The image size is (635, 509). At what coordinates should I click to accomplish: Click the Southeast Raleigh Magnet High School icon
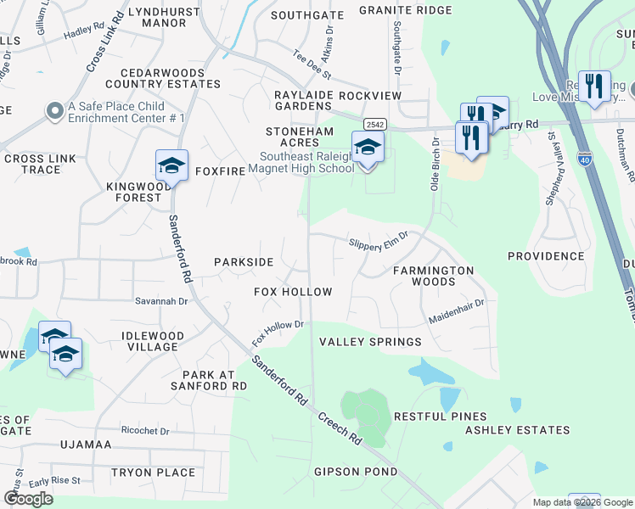click(368, 148)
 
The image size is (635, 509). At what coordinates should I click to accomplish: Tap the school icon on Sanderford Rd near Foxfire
click(171, 166)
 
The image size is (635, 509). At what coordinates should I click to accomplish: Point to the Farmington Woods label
click(433, 276)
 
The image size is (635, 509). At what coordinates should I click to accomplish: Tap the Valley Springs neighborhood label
click(369, 342)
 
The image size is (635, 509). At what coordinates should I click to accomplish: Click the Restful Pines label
click(440, 417)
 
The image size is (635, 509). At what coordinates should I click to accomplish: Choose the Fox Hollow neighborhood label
click(293, 292)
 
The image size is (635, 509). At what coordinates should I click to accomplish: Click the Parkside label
click(244, 262)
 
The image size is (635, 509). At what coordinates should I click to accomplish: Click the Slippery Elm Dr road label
click(379, 243)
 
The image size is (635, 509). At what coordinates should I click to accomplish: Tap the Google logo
click(28, 499)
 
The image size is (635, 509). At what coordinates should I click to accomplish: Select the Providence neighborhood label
click(546, 255)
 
